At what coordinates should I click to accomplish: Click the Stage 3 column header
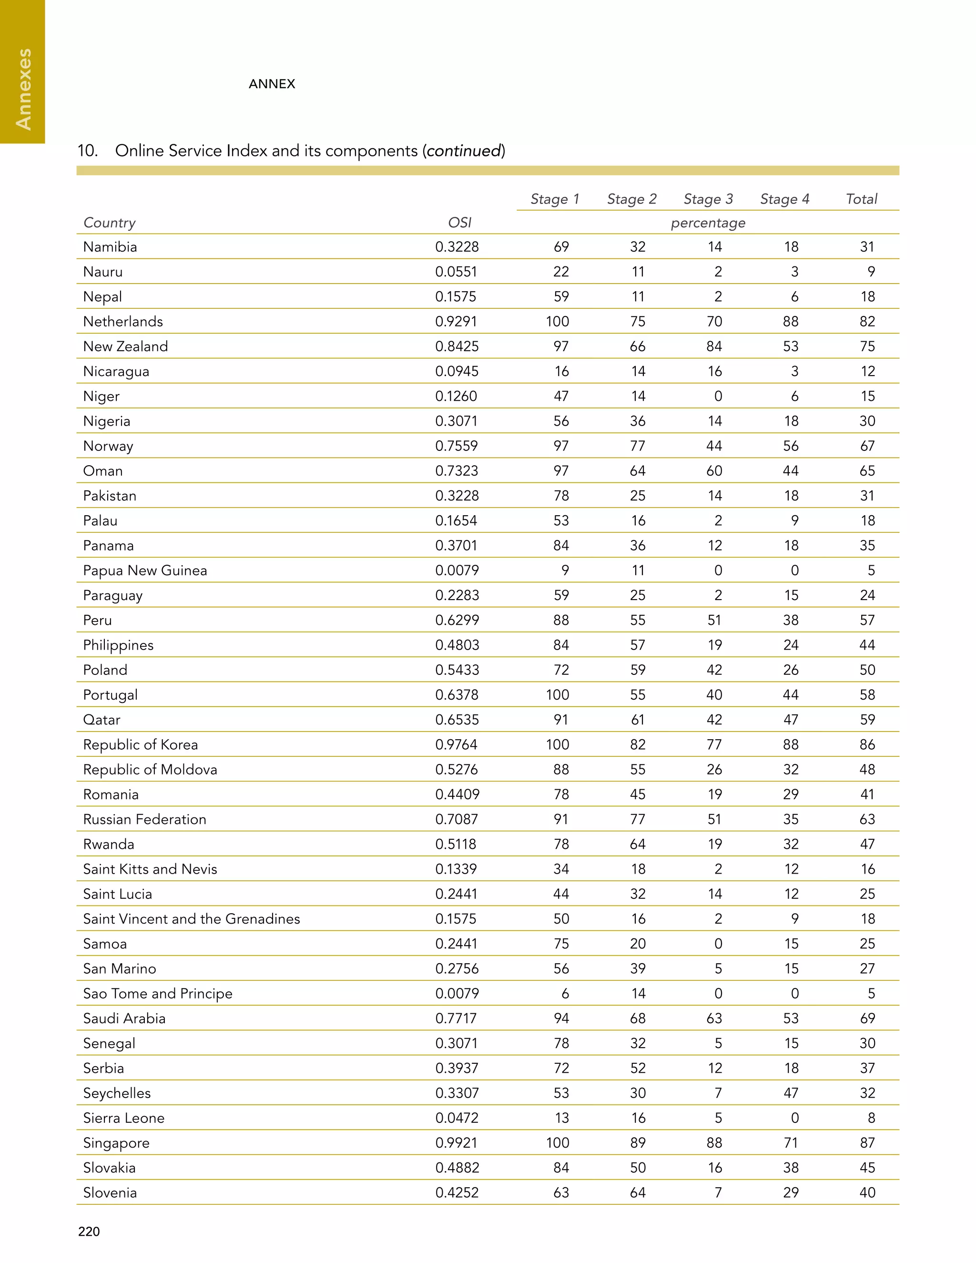tap(708, 199)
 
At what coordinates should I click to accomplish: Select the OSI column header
tap(460, 223)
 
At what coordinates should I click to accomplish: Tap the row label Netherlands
tap(123, 322)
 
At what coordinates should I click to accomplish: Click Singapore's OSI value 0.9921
tap(457, 1143)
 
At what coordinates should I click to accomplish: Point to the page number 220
tap(89, 1231)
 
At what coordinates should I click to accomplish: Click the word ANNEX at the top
tap(272, 84)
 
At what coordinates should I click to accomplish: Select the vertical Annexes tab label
tap(23, 89)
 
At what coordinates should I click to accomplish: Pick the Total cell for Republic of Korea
tap(867, 744)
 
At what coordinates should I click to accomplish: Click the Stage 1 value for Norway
tap(561, 446)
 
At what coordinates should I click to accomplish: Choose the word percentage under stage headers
tap(708, 223)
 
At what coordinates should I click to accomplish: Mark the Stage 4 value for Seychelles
tap(791, 1093)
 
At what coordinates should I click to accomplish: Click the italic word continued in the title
tap(464, 151)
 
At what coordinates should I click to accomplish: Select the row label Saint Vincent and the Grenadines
tap(192, 919)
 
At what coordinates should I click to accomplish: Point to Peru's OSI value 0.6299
tap(457, 620)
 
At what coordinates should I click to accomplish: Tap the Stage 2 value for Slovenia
tap(637, 1192)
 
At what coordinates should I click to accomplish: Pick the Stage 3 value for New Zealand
tap(714, 346)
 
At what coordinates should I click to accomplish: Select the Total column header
tap(861, 199)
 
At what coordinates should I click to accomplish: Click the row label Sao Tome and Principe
tap(158, 994)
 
